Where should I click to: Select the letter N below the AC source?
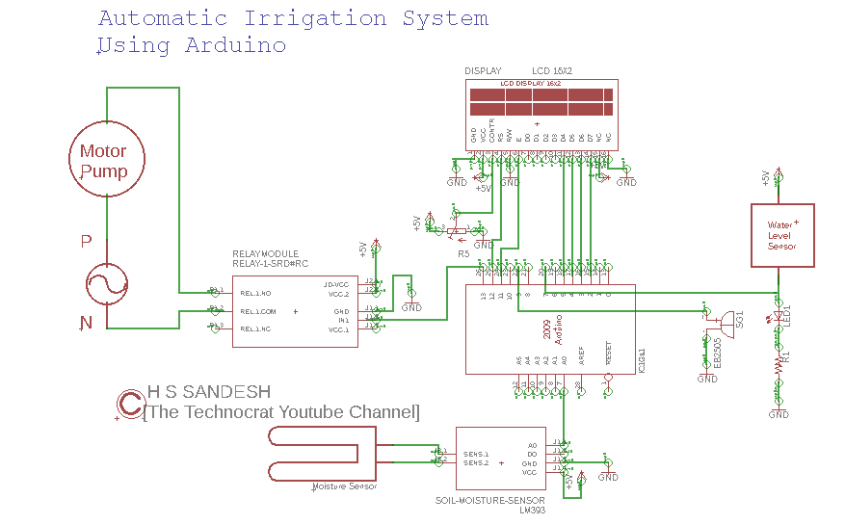(86, 323)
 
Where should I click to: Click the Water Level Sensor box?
(781, 235)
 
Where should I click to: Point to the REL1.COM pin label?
(258, 312)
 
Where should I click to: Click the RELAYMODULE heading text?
(266, 254)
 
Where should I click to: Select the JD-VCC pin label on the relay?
(336, 285)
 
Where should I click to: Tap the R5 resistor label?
(463, 253)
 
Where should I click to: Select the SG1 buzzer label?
(739, 319)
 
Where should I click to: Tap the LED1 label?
(786, 315)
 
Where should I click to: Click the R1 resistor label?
(786, 357)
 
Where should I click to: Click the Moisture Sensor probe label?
(344, 487)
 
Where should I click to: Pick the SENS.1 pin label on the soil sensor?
(476, 453)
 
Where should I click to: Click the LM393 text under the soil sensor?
(532, 511)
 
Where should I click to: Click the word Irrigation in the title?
(315, 19)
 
